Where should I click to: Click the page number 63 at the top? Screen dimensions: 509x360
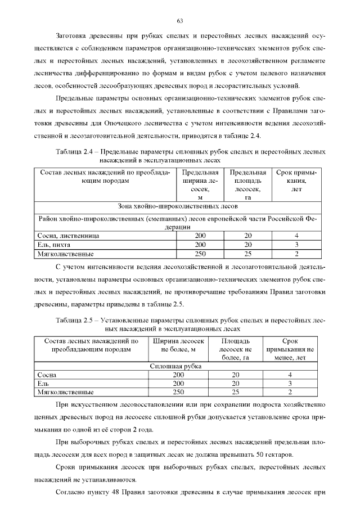click(x=180, y=21)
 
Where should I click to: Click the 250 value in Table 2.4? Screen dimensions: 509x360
click(x=200, y=254)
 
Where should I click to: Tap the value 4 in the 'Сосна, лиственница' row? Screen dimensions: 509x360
click(x=296, y=236)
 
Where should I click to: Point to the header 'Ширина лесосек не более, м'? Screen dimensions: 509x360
click(x=178, y=345)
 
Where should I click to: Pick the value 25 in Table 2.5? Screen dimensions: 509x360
click(x=235, y=391)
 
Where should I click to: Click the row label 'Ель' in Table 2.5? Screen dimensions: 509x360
click(x=43, y=383)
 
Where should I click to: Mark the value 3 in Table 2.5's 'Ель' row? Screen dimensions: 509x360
click(x=290, y=383)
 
